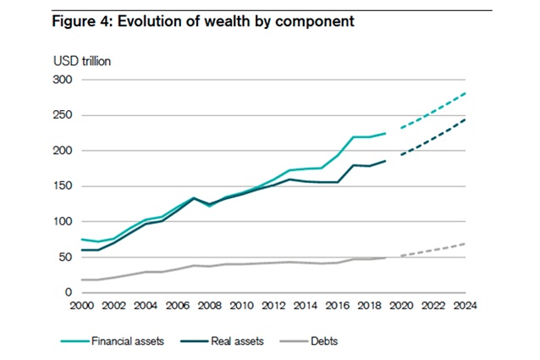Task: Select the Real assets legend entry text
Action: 237,341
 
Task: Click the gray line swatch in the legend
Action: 293,341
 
